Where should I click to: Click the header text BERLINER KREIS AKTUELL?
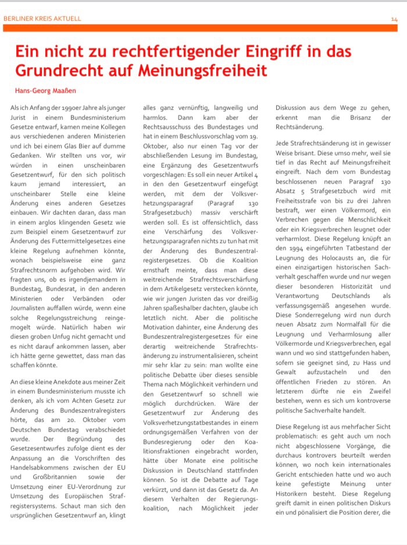[x=42, y=19]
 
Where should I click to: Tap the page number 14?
[x=394, y=19]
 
